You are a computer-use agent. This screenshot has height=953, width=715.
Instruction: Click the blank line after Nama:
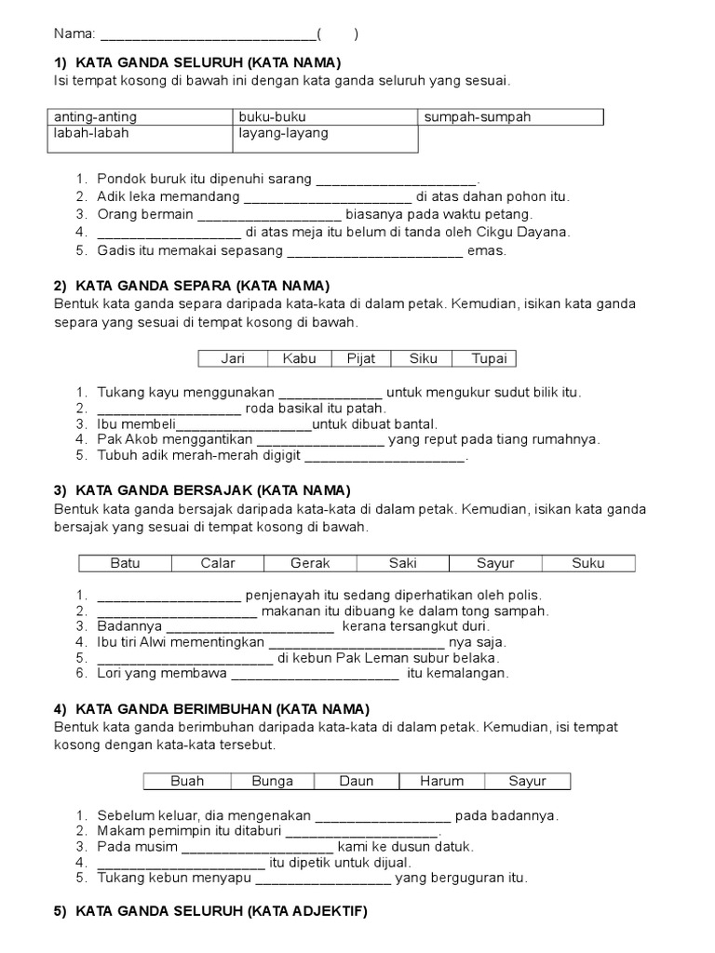coord(208,35)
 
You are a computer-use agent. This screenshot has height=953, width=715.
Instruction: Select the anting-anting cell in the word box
coord(140,117)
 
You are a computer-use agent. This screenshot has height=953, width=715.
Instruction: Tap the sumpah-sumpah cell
coord(511,117)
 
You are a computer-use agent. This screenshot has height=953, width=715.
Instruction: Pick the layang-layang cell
coord(325,134)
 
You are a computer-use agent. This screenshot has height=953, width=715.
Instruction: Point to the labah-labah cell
coord(140,134)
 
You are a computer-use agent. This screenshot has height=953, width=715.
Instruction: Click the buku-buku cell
coord(325,117)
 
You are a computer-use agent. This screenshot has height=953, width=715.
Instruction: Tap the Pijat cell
coord(361,358)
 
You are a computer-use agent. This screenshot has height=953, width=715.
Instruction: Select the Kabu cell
coord(300,358)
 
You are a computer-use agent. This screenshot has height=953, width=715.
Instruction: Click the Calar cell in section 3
coord(218,563)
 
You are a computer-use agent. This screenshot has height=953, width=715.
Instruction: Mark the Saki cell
coord(402,563)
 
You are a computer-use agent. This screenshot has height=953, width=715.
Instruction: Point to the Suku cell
coord(588,563)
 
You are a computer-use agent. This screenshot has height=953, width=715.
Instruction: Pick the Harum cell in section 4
coord(441,781)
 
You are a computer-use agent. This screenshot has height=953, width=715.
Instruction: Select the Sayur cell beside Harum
coord(528,781)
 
